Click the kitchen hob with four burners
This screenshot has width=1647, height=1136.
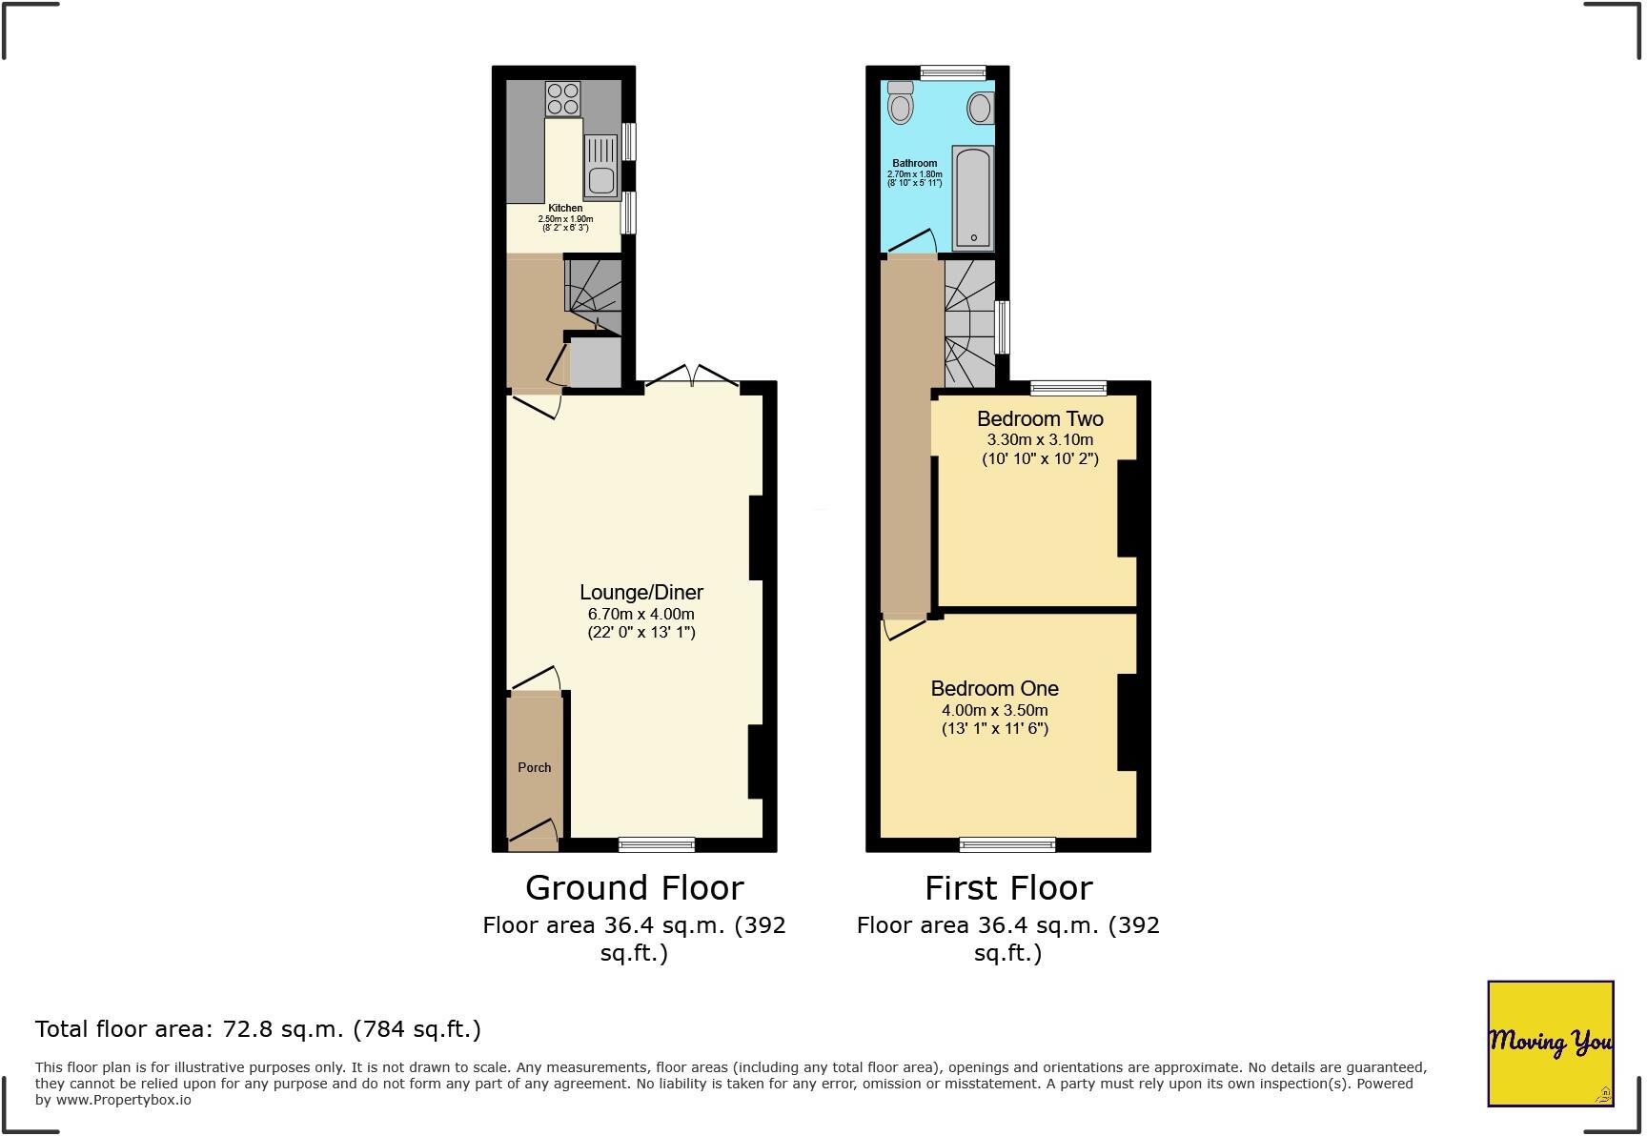(x=563, y=98)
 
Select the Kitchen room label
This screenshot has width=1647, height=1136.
(x=565, y=208)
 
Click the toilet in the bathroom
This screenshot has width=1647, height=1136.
(x=900, y=103)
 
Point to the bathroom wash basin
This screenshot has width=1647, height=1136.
(x=981, y=108)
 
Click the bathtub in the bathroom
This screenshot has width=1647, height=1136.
(x=973, y=198)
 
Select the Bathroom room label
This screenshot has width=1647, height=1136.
(x=915, y=163)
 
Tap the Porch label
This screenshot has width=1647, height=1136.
(x=535, y=767)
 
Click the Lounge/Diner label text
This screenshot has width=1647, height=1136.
(x=641, y=592)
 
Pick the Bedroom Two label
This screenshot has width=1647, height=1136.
(x=1040, y=418)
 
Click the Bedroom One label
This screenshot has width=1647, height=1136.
(x=994, y=688)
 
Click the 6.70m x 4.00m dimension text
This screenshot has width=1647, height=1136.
(x=641, y=614)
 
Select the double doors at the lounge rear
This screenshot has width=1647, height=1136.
(x=693, y=377)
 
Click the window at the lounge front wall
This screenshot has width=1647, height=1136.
(x=657, y=843)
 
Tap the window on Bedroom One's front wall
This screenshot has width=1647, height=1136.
(x=1007, y=843)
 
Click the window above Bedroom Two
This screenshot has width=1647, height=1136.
(x=1068, y=388)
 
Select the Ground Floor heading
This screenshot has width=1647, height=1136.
(x=634, y=887)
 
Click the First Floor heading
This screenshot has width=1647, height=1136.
(x=1007, y=887)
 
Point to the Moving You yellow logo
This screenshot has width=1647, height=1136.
(x=1550, y=1043)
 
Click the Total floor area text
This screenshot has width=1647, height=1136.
(x=258, y=1029)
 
